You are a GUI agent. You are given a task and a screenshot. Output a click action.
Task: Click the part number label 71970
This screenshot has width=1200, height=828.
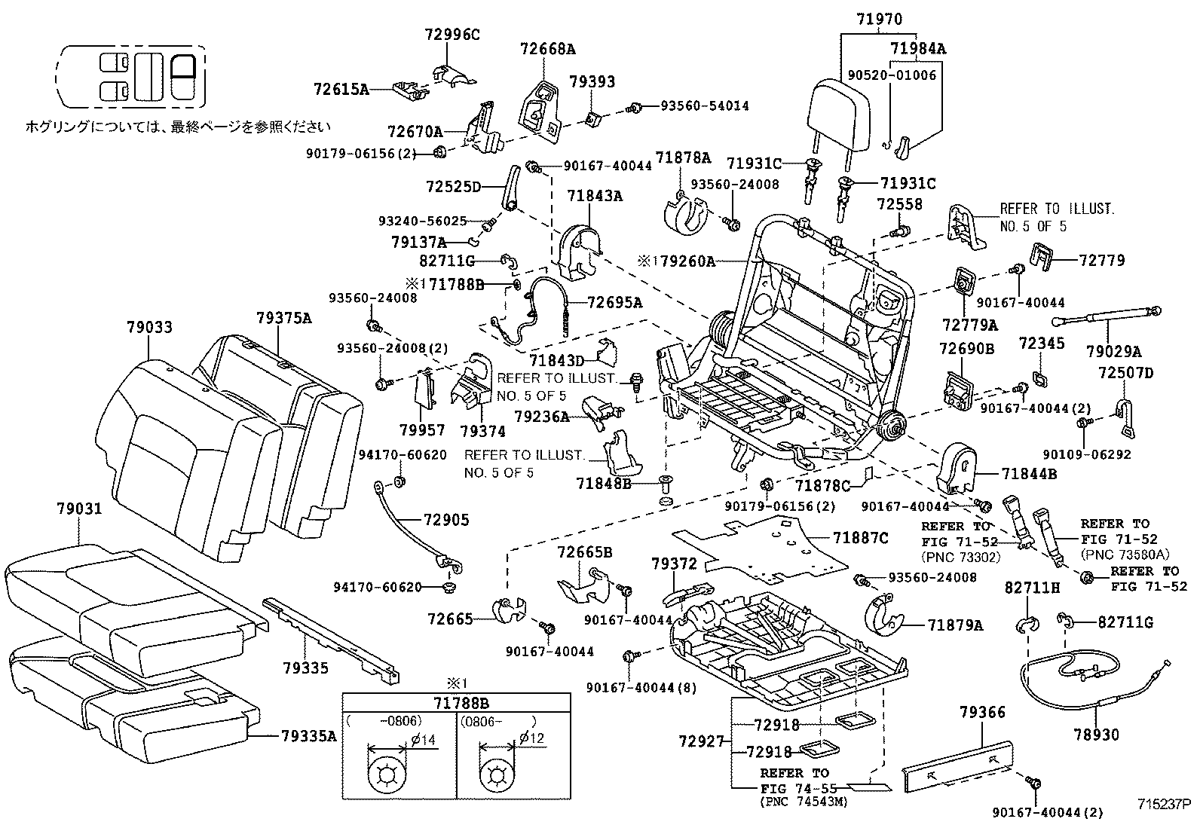[x=880, y=20]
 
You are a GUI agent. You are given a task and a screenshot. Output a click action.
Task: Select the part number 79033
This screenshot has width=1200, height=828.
[x=149, y=327]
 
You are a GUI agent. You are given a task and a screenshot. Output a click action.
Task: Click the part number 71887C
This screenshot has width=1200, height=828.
[x=861, y=537]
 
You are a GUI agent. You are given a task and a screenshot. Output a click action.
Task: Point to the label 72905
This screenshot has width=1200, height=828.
[x=445, y=520]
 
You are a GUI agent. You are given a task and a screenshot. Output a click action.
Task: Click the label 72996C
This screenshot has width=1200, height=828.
[x=453, y=34]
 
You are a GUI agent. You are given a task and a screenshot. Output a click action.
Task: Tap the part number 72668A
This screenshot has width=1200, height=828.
[x=547, y=49]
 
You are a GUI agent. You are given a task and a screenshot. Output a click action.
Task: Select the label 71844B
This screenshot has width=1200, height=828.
[x=1029, y=473]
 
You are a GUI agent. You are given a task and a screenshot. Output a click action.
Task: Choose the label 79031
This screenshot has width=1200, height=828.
[x=79, y=509]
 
